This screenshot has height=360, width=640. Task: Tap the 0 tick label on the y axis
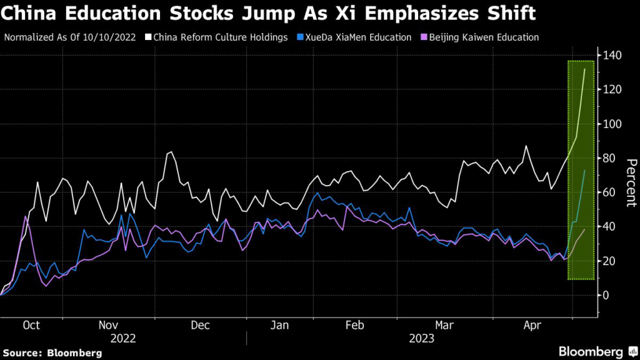pyautogui.click(x=606, y=295)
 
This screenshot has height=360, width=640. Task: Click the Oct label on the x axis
pyautogui.click(x=31, y=325)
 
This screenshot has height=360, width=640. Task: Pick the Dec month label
pyautogui.click(x=201, y=325)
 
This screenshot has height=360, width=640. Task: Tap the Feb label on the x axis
pyautogui.click(x=354, y=325)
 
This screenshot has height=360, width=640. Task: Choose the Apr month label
pyautogui.click(x=532, y=325)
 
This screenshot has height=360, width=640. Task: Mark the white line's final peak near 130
pyautogui.click(x=584, y=69)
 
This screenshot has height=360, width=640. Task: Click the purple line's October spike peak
pyautogui.click(x=25, y=216)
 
